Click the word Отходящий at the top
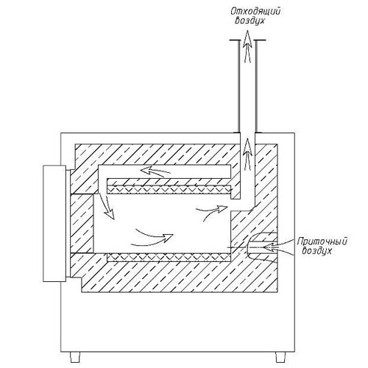point(255,12)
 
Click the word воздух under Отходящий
point(250,21)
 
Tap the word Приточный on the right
point(322,242)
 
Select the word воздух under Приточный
point(317,251)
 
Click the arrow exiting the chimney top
point(247,46)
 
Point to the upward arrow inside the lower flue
point(247,154)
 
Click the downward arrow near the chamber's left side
point(107,205)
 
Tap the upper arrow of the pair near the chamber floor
point(155,235)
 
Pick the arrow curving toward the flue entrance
point(211,211)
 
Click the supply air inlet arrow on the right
point(277,247)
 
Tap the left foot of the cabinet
point(75,358)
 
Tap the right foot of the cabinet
point(280,358)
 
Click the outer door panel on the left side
point(54,223)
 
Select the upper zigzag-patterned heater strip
point(169,190)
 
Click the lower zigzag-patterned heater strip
point(169,257)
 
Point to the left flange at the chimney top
point(234,40)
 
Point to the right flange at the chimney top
point(261,40)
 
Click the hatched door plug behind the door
point(82,224)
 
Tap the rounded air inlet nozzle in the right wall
point(261,245)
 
